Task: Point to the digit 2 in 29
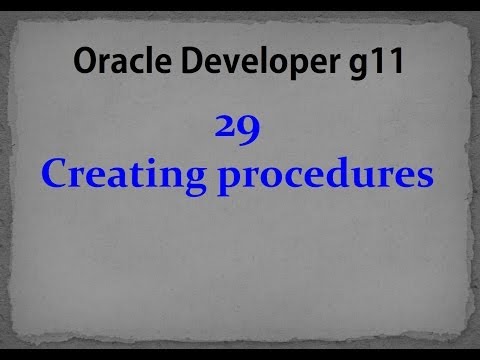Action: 226,130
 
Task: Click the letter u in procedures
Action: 364,178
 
